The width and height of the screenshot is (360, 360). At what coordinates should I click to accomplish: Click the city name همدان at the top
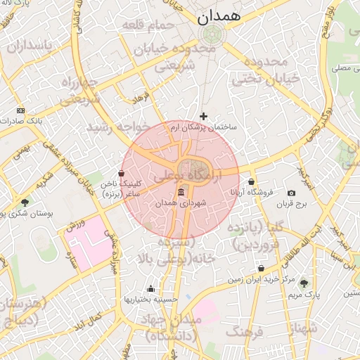point(219,14)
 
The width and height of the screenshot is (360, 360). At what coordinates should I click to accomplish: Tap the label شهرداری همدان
point(181,202)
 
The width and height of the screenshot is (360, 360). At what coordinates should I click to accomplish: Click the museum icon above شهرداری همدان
point(181,192)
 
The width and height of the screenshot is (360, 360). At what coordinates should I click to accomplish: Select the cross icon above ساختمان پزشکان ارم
point(204,116)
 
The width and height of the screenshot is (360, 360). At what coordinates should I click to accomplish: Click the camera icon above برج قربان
point(291,193)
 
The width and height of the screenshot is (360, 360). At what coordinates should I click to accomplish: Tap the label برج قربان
point(292,204)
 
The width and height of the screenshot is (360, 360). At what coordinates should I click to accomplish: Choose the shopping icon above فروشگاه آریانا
point(251,182)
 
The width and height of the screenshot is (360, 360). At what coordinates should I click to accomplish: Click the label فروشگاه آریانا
point(251,193)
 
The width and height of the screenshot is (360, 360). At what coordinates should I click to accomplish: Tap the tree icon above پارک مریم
point(304,283)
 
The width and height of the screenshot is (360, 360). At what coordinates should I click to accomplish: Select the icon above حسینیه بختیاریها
point(150,288)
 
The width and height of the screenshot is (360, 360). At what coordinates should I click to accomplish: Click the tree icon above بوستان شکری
point(25,202)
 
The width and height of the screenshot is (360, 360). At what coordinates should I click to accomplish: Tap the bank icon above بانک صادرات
point(20,110)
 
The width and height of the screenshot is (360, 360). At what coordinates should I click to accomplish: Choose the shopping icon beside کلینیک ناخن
point(122,173)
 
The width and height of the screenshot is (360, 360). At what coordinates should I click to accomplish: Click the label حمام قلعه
point(148,25)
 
